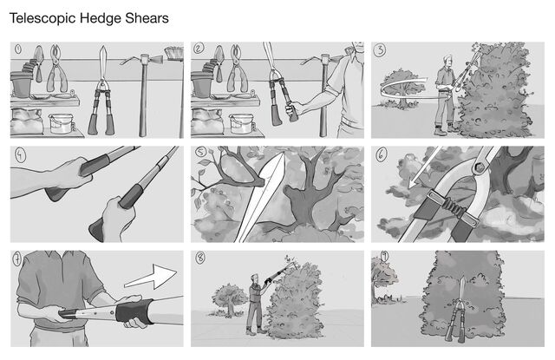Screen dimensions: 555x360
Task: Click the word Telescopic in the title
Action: pos(42,18)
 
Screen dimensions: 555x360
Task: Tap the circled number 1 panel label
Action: pos(17,49)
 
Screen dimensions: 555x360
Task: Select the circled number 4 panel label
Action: pos(20,154)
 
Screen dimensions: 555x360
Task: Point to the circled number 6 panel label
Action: pos(382,154)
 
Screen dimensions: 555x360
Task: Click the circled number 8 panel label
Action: pos(200,258)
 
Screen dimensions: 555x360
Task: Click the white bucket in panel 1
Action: pos(61,123)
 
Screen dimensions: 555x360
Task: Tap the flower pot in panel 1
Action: pos(21,84)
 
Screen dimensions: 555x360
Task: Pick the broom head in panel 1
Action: pos(173,53)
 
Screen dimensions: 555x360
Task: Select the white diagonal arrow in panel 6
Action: pos(424,167)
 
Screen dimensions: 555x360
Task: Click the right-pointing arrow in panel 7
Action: pos(151,277)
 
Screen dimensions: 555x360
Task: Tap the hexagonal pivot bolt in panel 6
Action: pos(478,167)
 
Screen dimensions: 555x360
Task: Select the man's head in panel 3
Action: pos(447,62)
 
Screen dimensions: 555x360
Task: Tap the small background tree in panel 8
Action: pos(229,299)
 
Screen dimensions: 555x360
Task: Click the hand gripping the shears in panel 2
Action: pos(293,109)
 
